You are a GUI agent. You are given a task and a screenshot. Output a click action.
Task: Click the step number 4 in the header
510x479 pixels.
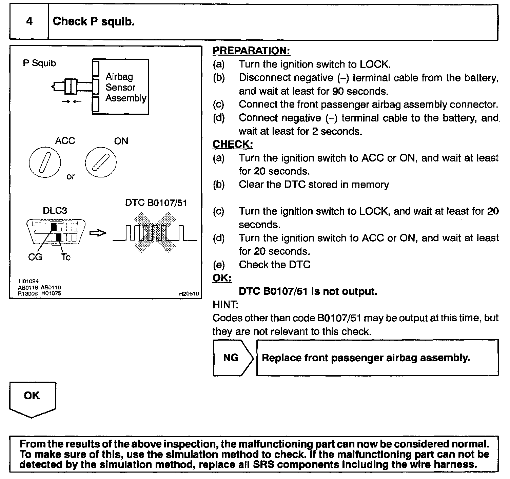29,21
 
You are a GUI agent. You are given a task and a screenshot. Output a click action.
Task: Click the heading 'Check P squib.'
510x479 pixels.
94,21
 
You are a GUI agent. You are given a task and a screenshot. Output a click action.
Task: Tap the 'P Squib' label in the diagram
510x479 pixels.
39,63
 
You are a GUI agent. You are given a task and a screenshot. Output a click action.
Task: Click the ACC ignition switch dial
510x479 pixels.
45,162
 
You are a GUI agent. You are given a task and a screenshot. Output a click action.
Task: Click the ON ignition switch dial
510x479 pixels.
100,162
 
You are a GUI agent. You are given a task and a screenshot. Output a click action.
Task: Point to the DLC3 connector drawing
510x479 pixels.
56,232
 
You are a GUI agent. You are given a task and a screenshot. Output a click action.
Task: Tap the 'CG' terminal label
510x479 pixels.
35,257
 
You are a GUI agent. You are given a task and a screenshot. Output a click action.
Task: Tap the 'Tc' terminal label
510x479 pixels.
65,257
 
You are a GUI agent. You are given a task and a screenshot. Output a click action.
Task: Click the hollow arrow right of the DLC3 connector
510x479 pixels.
98,233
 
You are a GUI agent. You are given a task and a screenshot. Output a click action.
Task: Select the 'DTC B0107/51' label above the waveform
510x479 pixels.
156,203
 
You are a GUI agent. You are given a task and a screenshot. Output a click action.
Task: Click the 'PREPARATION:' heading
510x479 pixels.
251,51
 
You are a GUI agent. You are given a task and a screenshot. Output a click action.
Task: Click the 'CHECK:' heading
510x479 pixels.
233,144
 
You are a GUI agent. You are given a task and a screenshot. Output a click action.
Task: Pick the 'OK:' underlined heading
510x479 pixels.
222,278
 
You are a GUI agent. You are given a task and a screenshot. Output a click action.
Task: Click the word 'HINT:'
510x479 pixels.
225,305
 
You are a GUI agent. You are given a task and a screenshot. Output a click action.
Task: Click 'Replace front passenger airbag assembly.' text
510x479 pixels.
366,358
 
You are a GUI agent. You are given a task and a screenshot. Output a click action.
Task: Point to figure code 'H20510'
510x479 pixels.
189,294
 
